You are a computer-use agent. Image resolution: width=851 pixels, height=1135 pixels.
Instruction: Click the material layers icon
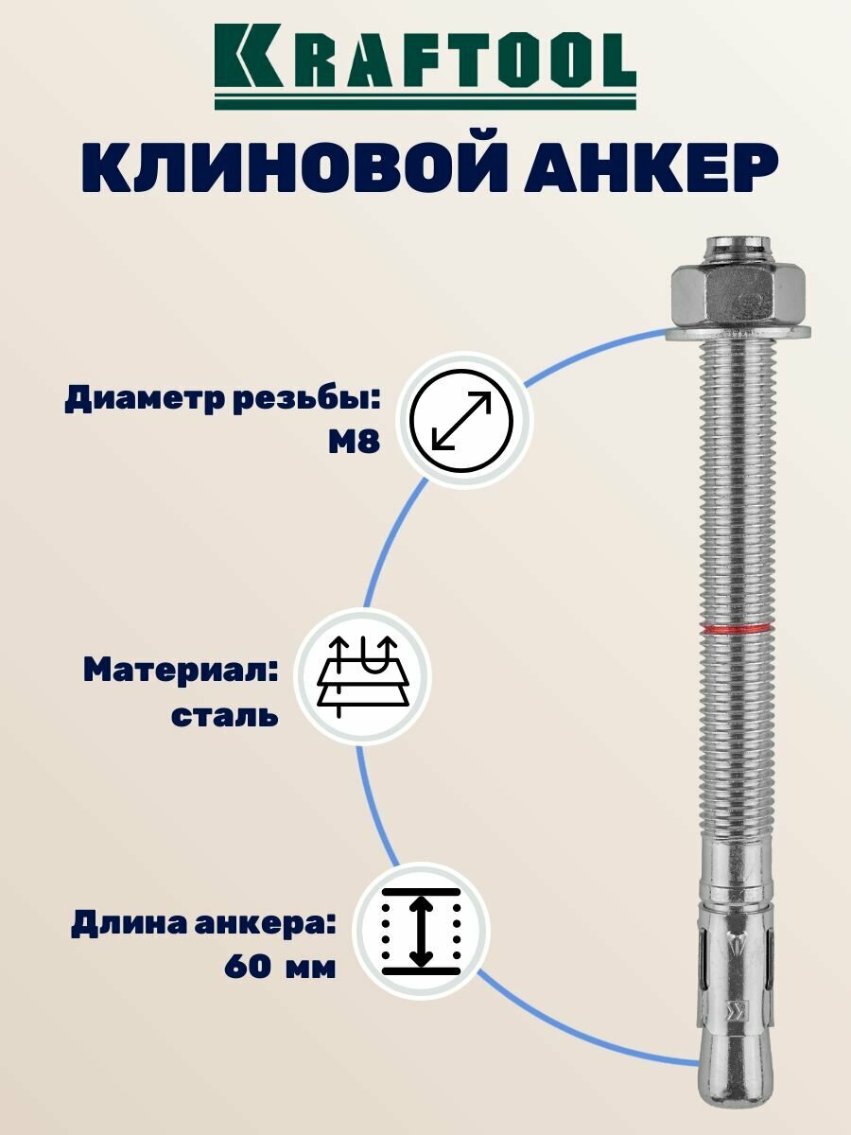pos(364,676)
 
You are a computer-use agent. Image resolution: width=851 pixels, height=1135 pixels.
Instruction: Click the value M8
pos(354,442)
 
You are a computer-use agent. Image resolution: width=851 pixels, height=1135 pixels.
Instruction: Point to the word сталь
pos(225,714)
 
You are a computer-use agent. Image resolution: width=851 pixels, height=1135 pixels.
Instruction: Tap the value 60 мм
pos(281,968)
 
